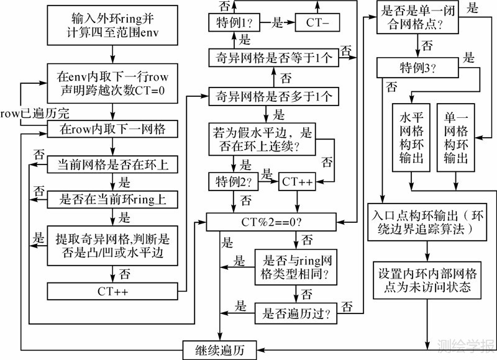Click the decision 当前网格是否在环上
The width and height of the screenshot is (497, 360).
(112, 164)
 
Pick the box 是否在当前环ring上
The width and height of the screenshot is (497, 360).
(112, 199)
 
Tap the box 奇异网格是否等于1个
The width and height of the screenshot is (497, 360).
(273, 58)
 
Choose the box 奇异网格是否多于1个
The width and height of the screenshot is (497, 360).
(273, 96)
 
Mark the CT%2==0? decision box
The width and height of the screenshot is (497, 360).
(273, 220)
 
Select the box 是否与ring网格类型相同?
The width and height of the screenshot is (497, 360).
(296, 267)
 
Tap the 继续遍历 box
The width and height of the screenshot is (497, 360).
(219, 349)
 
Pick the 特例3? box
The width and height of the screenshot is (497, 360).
(416, 66)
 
